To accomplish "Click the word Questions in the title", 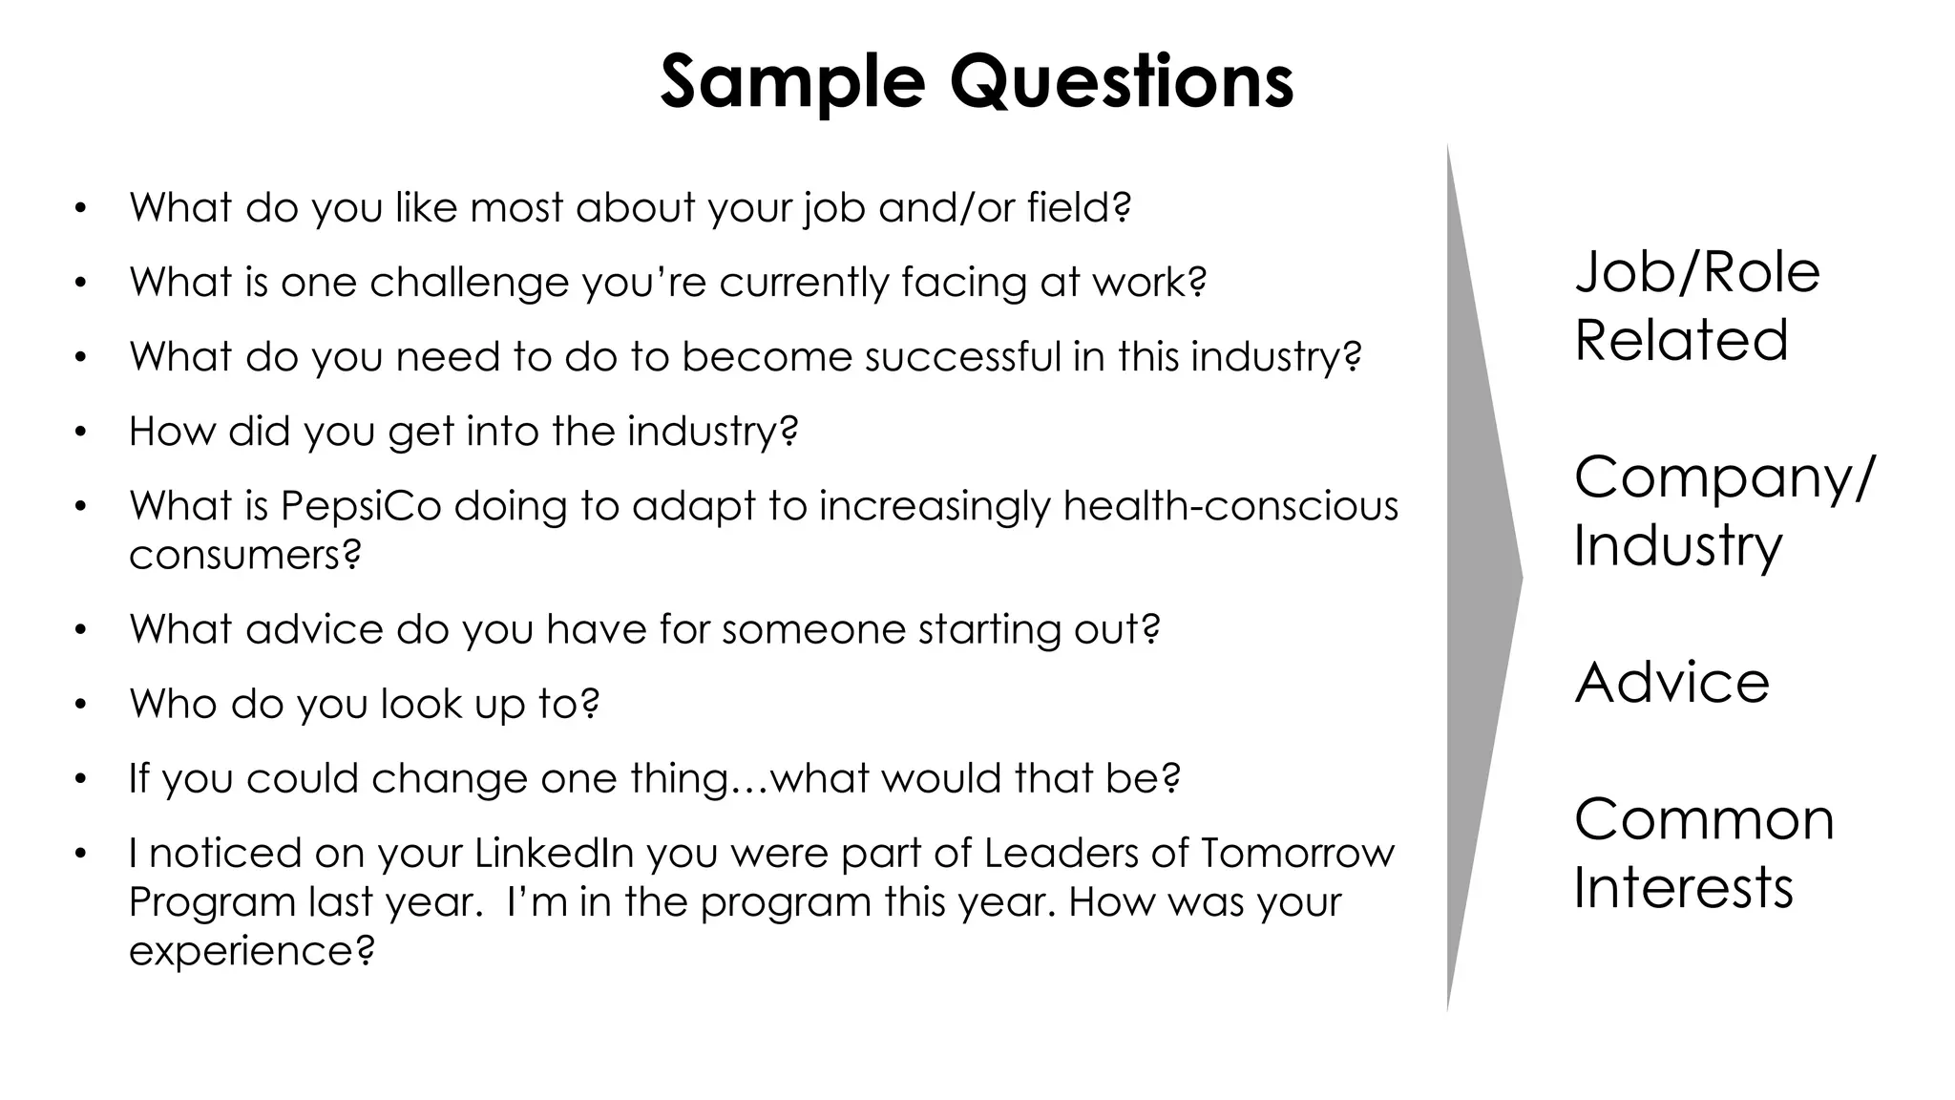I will tap(1121, 82).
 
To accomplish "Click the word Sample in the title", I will tap(792, 82).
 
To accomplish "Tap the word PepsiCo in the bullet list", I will tap(361, 506).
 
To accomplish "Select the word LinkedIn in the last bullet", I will tap(555, 853).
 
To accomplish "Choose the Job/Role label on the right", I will tap(1697, 272).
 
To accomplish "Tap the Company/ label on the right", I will tap(1724, 477).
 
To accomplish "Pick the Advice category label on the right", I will tap(1671, 683).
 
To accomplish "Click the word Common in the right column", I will tap(1704, 819).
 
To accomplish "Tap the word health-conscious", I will tap(1230, 506).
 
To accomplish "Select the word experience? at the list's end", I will tap(252, 952).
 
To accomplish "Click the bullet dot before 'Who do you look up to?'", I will tap(81, 706).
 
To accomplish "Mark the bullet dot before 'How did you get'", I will tap(81, 433).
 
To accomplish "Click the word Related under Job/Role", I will tap(1681, 341).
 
